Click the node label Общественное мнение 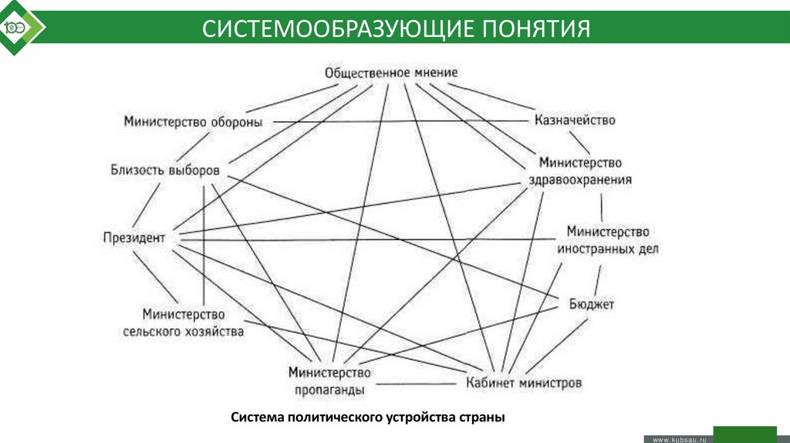pos(391,73)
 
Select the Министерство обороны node pos(194,122)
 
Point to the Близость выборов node pos(165,170)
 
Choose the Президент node pos(134,238)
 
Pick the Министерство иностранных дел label pos(608,241)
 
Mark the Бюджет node pos(592,304)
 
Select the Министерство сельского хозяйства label pos(184,323)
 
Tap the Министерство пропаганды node pos(327,380)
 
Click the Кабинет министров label pos(524,382)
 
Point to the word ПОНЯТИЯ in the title pos(537,29)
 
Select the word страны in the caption pos(483,418)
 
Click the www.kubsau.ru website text pos(680,438)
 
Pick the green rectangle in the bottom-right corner pos(744,433)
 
